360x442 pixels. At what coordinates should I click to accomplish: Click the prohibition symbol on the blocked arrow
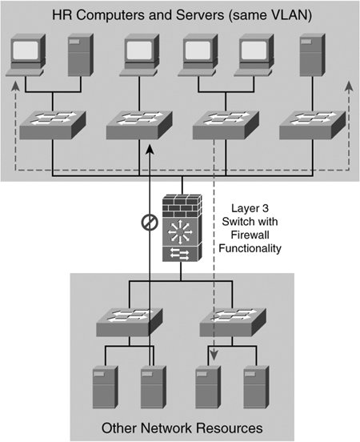coord(150,223)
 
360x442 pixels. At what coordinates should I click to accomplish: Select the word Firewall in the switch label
coord(250,235)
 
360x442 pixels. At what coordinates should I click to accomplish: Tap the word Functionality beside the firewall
coord(250,248)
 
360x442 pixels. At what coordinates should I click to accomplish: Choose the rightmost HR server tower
coord(312,55)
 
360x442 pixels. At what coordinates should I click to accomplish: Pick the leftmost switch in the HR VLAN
coord(52,125)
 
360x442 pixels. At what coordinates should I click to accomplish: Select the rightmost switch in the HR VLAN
coord(312,125)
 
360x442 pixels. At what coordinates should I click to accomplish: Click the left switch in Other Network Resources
coord(130,323)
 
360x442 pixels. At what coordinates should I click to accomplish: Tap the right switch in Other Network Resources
coord(233,323)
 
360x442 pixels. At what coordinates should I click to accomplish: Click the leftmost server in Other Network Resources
coord(105,387)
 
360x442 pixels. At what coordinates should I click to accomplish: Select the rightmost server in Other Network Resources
coord(256,387)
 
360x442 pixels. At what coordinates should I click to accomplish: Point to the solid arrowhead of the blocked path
coord(150,149)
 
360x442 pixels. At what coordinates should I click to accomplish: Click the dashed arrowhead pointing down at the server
coord(214,356)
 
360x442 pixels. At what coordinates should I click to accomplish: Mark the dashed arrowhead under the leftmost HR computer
coord(15,86)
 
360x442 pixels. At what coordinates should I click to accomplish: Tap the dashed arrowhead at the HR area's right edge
coord(349,86)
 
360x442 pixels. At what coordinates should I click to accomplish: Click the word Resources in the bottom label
coord(230,428)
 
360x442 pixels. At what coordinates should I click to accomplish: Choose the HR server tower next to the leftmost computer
coord(81,55)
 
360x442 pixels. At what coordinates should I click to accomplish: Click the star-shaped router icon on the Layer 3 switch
coord(180,232)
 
